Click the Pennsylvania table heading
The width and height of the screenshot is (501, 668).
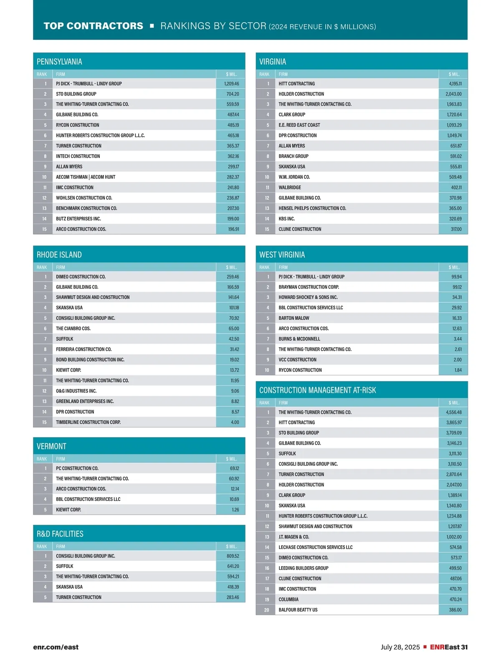[59, 62]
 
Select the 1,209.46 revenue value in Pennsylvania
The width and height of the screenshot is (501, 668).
[232, 83]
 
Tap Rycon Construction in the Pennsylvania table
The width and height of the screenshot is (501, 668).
[78, 125]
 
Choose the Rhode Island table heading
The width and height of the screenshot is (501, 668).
[59, 255]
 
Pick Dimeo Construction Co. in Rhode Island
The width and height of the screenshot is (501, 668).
[81, 276]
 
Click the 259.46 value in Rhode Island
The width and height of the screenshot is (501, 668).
[233, 276]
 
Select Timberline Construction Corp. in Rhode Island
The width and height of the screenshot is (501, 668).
[89, 422]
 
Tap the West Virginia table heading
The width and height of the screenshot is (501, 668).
[282, 255]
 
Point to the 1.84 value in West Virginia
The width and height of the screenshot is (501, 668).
[458, 370]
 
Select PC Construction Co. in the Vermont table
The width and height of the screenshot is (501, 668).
[77, 468]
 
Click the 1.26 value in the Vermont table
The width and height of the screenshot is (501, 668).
[235, 509]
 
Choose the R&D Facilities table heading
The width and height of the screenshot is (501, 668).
[60, 534]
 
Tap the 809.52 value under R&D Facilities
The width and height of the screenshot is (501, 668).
[233, 556]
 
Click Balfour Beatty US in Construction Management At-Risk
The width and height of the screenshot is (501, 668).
[298, 610]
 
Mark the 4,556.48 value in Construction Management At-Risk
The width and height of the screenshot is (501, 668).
[454, 412]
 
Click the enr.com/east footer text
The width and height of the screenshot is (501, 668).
[56, 647]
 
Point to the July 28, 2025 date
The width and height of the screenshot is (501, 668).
[400, 647]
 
